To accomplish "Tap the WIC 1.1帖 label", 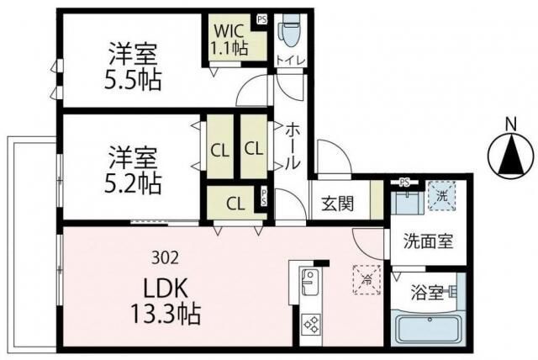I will [x=229, y=40].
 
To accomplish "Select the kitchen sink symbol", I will [x=308, y=281].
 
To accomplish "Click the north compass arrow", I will [x=510, y=155].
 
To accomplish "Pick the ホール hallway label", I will [x=292, y=148].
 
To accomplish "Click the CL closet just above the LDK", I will [x=235, y=203].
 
